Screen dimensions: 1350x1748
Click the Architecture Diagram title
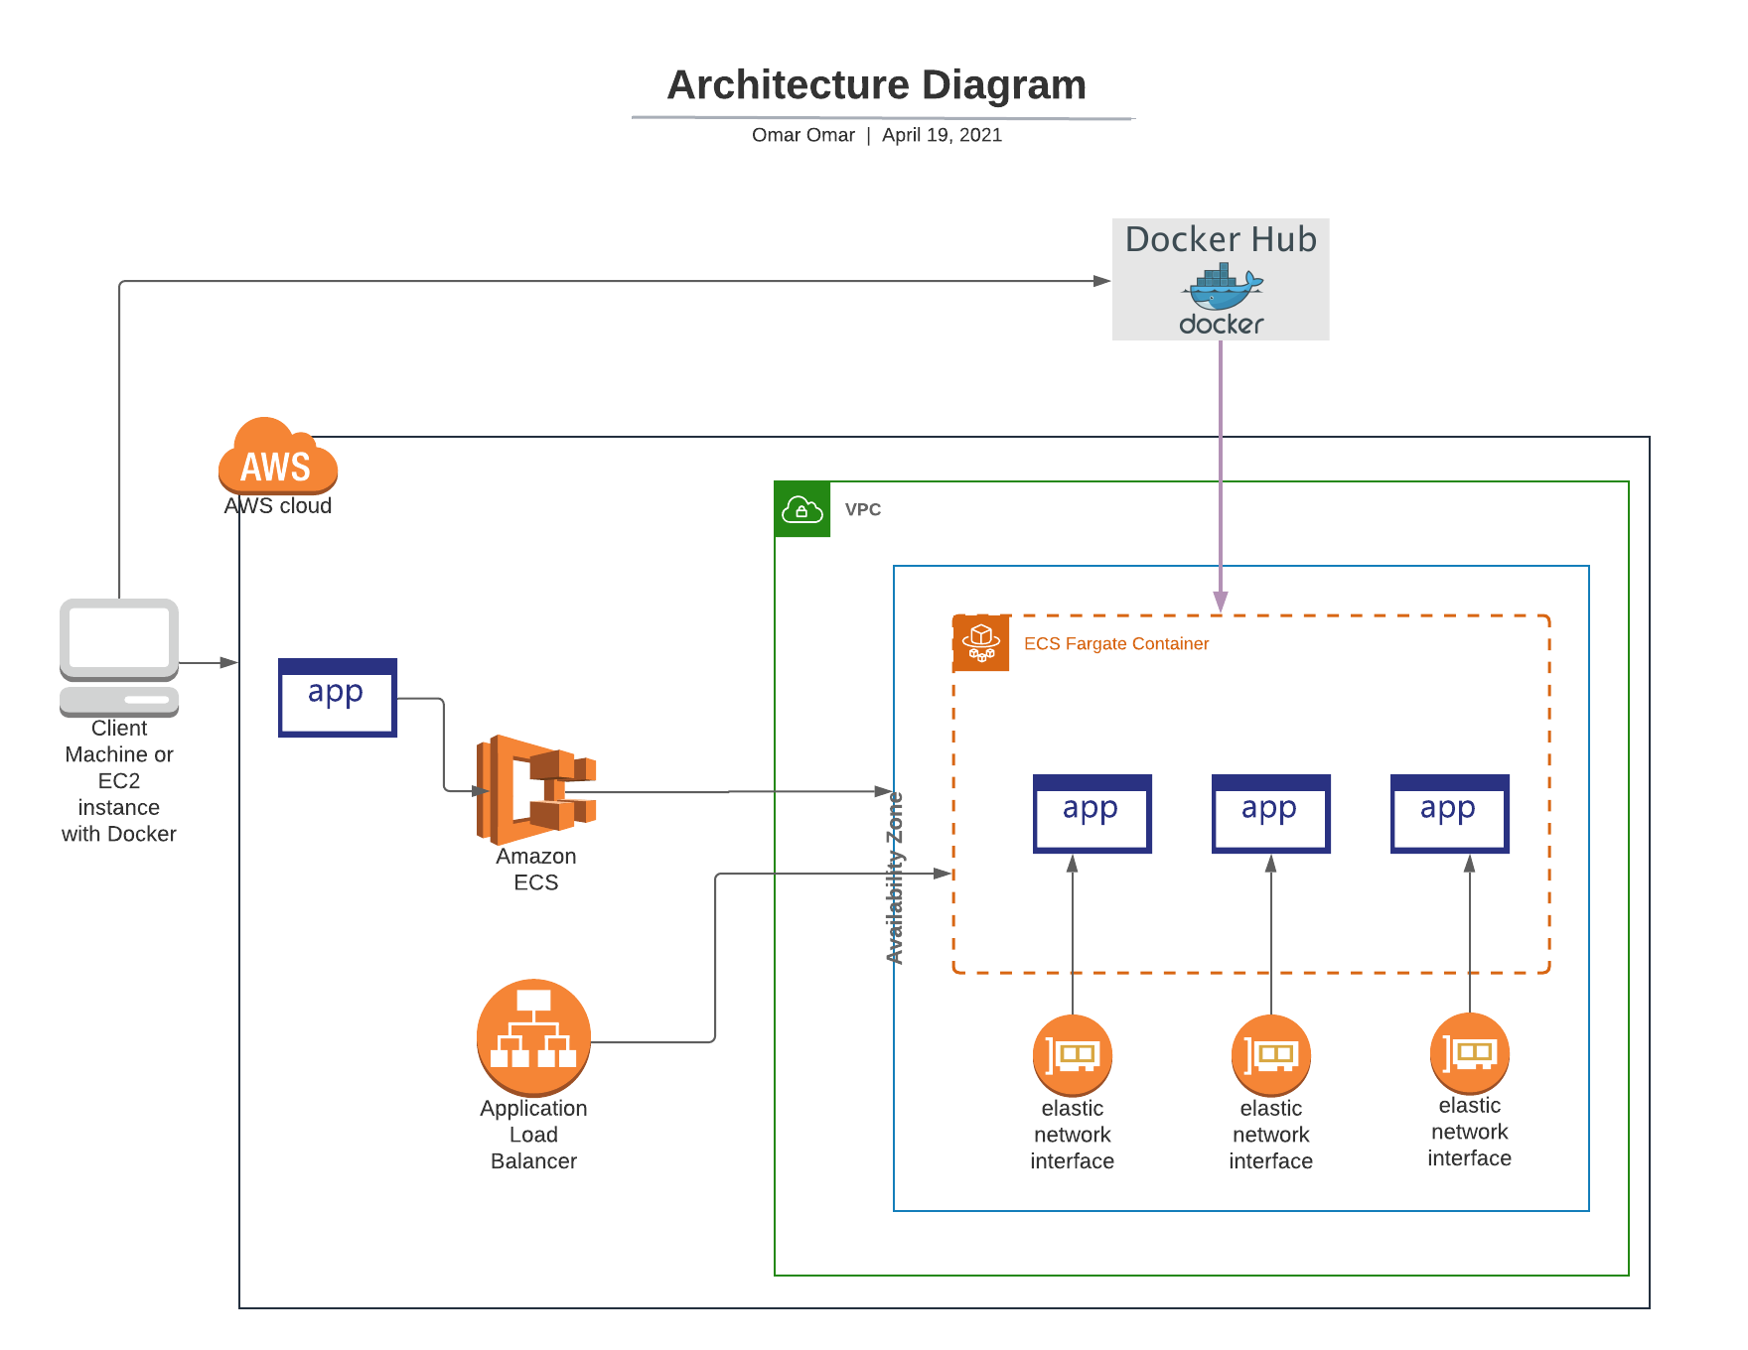[876, 85]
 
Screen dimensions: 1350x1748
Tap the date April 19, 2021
[942, 135]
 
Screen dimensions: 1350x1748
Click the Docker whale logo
[1222, 287]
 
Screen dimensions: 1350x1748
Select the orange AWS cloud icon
[278, 458]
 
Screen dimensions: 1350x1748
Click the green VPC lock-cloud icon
[801, 509]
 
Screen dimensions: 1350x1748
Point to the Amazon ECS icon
[536, 789]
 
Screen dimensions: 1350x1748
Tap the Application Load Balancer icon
[533, 1037]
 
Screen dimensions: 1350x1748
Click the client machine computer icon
[119, 656]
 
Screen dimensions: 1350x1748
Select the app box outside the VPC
[338, 697]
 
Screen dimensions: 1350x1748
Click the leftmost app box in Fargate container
[1092, 813]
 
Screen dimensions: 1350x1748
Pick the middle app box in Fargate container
[1270, 813]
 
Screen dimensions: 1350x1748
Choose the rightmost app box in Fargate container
[1449, 813]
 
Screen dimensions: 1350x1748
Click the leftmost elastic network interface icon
[1072, 1054]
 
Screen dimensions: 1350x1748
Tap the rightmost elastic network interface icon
[1469, 1052]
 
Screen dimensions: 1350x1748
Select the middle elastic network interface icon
[1270, 1054]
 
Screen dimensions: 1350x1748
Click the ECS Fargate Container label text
[1115, 643]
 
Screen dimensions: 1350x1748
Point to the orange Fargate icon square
[981, 643]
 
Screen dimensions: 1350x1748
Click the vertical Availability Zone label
[895, 877]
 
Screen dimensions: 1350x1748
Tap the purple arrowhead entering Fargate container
[1221, 603]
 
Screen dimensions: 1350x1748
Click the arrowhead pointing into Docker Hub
[1101, 281]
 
